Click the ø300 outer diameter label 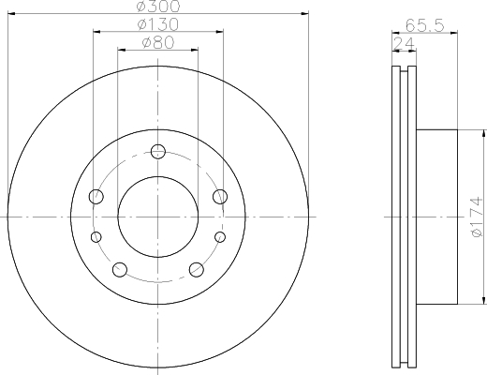[157, 7]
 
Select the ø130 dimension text [157, 23]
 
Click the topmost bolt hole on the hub [157, 150]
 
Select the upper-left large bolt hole [96, 196]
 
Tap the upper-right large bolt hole [220, 196]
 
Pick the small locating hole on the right [221, 237]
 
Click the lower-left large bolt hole [119, 270]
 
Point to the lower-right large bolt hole [197, 270]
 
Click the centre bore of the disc [157, 217]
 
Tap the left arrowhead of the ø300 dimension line [11, 14]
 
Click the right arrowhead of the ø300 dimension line [304, 14]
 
